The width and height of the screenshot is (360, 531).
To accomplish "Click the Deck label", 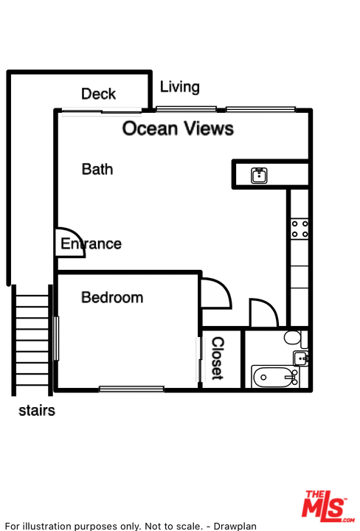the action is [98, 94].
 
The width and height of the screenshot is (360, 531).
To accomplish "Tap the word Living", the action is [179, 87].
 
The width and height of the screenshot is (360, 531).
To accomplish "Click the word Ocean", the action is [150, 128].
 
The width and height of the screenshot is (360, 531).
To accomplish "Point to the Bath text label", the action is [97, 170].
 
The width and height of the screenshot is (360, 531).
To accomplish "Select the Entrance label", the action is [91, 244].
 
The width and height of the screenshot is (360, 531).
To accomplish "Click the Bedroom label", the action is [112, 297].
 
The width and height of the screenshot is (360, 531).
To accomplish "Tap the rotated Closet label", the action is [218, 358].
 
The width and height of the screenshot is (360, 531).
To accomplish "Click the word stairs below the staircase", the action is [37, 411].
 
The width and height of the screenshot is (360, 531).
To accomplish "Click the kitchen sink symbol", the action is [259, 176].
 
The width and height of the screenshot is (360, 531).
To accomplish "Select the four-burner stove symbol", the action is [300, 229].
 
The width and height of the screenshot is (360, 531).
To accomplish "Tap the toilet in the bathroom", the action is [295, 338].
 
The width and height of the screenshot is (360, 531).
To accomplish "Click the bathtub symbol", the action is [275, 377].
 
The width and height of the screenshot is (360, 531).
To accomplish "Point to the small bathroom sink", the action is [300, 358].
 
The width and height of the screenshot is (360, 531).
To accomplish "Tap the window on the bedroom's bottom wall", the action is [131, 389].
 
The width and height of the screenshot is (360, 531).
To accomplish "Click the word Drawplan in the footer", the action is [235, 527].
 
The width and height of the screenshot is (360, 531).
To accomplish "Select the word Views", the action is [209, 128].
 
